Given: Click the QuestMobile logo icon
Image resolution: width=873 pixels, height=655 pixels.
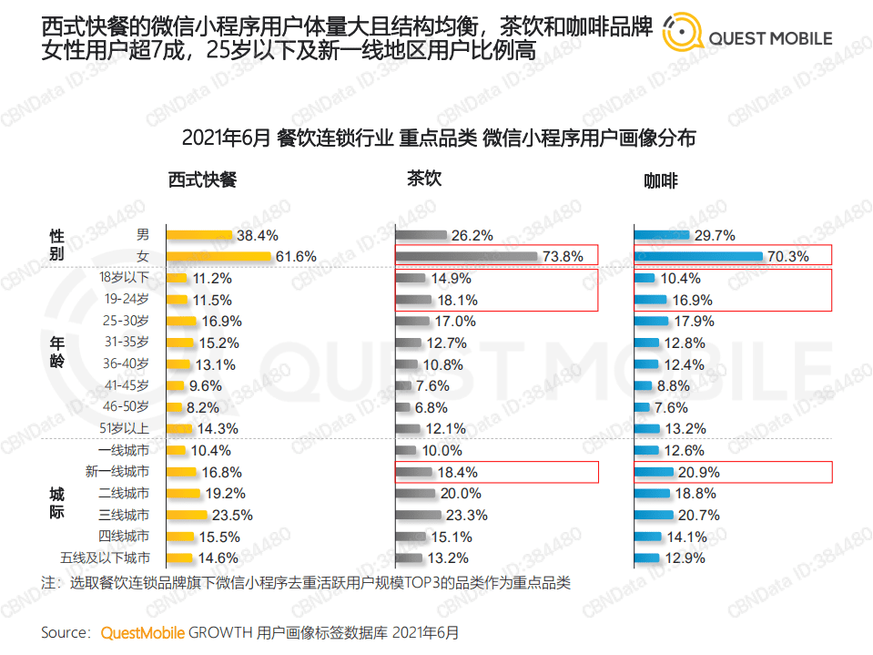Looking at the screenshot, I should (x=681, y=34).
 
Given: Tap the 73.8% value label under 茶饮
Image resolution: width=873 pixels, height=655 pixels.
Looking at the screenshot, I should (x=562, y=257).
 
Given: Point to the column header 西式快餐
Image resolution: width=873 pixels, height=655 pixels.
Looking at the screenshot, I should (x=202, y=180).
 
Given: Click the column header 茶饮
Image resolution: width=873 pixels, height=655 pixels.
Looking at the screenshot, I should (x=423, y=179).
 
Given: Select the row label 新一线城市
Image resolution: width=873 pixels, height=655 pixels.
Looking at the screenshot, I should (x=117, y=472).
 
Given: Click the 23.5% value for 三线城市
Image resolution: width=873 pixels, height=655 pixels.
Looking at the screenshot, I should (x=233, y=515).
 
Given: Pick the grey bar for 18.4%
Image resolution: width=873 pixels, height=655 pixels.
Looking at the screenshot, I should (x=414, y=472).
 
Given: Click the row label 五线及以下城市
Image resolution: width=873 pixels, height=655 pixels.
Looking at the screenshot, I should (x=105, y=558).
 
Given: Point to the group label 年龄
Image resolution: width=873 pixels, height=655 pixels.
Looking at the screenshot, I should (x=56, y=353).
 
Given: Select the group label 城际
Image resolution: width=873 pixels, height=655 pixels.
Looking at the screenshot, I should (x=56, y=504).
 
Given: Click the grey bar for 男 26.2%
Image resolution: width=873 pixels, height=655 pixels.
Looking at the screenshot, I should (x=421, y=235).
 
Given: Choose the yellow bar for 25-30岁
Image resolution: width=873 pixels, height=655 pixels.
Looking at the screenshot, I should (x=182, y=321).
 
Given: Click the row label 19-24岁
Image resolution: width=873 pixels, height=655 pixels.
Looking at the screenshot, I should (x=128, y=299).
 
